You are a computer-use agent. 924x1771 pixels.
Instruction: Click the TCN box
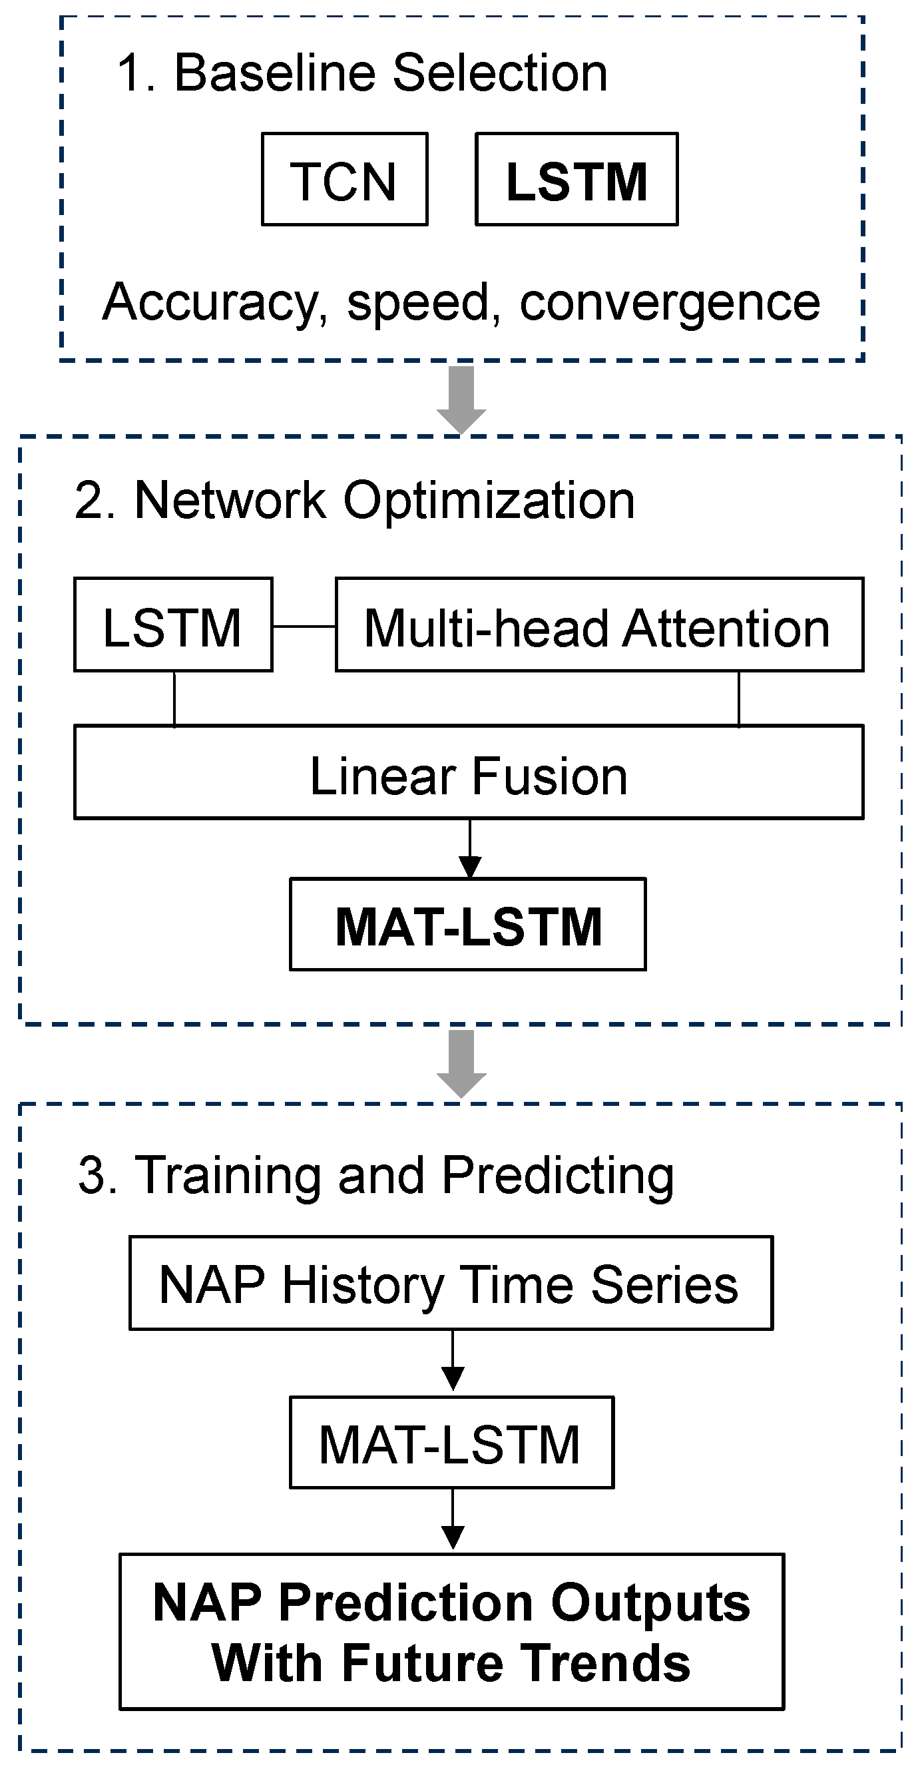(x=344, y=180)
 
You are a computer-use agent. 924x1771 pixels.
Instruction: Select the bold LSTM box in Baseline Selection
(x=576, y=180)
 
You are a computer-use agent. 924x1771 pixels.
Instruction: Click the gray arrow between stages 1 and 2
(x=461, y=398)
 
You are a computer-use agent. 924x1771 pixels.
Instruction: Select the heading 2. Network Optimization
(x=354, y=501)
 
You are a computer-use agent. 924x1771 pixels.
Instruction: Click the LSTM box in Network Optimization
(x=173, y=625)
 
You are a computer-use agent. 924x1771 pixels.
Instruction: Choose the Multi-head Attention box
(x=599, y=625)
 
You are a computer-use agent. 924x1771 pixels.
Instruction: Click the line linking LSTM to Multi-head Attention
(x=303, y=627)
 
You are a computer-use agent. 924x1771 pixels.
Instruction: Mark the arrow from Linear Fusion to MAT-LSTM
(x=469, y=848)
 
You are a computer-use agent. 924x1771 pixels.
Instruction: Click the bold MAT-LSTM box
(x=468, y=925)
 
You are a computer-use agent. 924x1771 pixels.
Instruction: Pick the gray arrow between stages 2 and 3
(x=461, y=1062)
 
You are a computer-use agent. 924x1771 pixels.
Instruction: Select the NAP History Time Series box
(x=451, y=1284)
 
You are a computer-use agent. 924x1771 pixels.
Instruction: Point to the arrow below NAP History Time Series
(x=453, y=1360)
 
